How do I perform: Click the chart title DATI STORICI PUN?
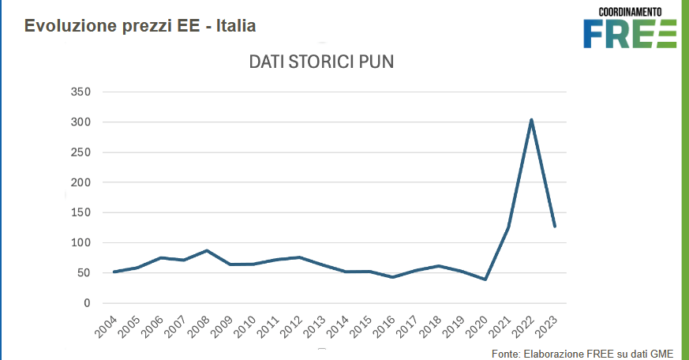coord(320,62)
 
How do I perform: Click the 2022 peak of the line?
coord(532,120)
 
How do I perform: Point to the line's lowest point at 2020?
coord(485,279)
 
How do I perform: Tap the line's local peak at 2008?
coord(207,251)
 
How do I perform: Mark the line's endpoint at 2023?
coord(555,227)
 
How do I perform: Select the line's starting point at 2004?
coord(114,272)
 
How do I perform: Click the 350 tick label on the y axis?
coord(81,92)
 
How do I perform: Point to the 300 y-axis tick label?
coord(81,122)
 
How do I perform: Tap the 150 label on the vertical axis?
coord(81,213)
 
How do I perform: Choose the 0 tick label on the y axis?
coord(88,303)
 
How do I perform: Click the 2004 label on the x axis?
coord(105,324)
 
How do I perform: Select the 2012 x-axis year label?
coord(290,324)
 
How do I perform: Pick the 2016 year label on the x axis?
coord(384,324)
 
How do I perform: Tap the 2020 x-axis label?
coord(476,324)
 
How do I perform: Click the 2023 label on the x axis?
coord(545,324)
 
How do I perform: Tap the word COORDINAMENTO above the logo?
coord(630,12)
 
